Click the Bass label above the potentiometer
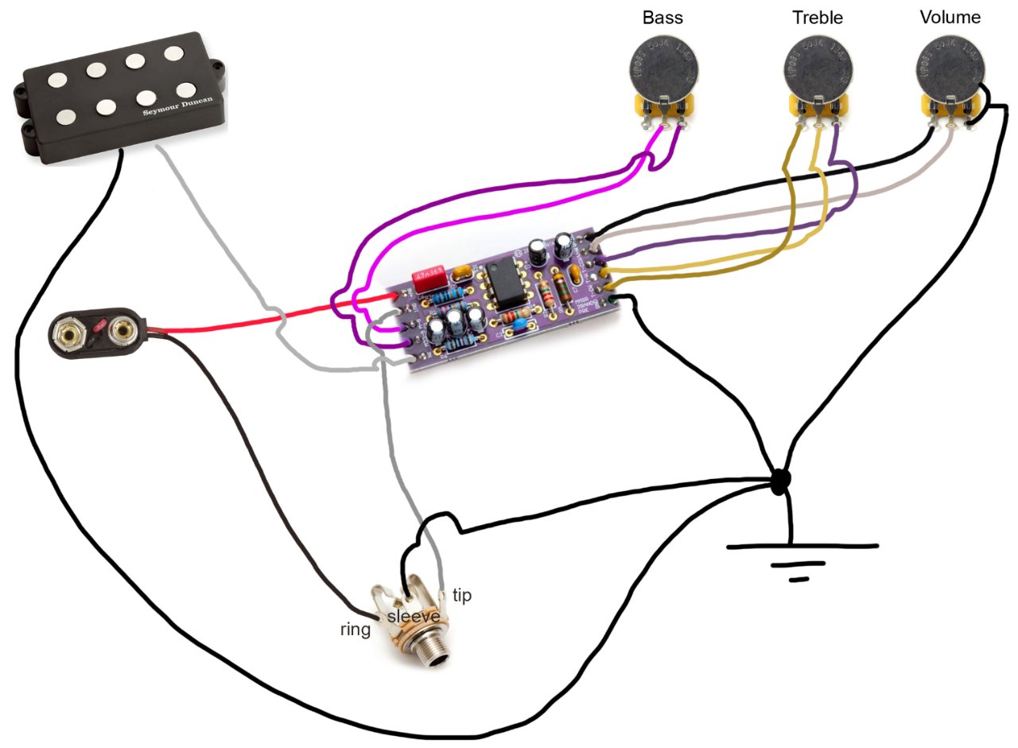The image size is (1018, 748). click(x=662, y=18)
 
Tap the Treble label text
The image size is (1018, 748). click(x=817, y=18)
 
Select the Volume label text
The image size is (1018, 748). click(x=950, y=18)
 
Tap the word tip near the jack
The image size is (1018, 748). click(x=461, y=595)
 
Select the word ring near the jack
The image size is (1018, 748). click(x=355, y=630)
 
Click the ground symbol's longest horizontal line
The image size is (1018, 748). click(x=802, y=547)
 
